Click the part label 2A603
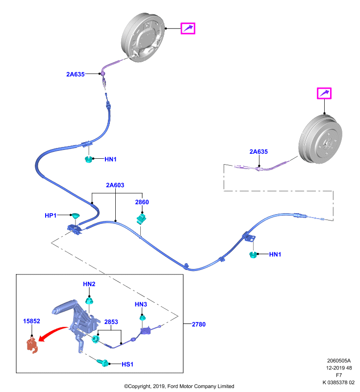115,185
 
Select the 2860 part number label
142,202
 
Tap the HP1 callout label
51,215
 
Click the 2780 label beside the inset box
199,324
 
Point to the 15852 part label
31,321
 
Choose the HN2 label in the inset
89,284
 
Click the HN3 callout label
141,304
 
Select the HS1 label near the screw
128,364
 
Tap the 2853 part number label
111,322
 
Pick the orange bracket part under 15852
32,345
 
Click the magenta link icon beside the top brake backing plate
188,28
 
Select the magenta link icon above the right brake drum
324,93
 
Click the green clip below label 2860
141,219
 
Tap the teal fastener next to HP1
75,216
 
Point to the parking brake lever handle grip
64,306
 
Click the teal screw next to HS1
103,362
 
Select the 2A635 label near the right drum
258,151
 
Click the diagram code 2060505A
339,361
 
